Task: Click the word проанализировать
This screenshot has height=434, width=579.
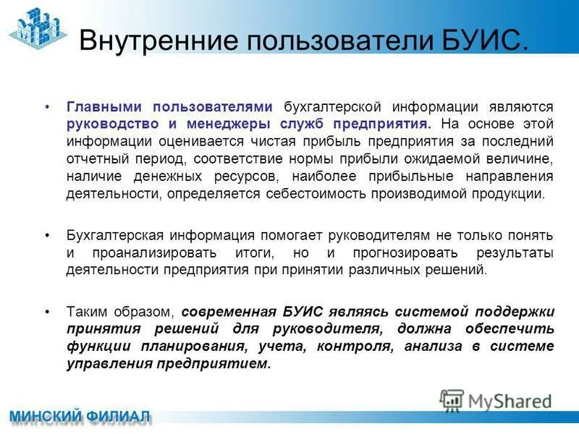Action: [x=154, y=253]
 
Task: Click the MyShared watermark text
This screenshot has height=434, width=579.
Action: [x=510, y=400]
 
